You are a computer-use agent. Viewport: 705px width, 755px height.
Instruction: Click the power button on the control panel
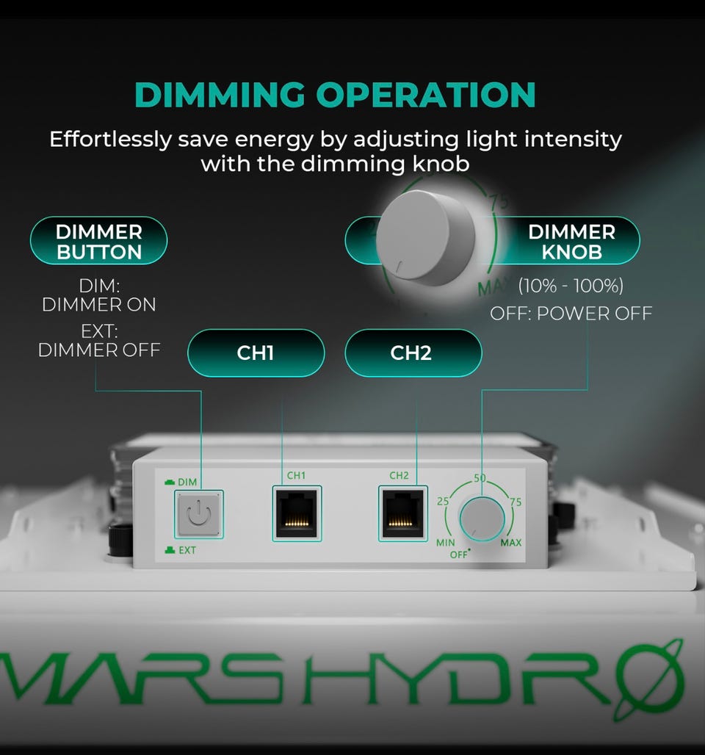tap(198, 514)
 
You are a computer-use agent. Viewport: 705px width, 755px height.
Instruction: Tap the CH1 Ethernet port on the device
tap(297, 513)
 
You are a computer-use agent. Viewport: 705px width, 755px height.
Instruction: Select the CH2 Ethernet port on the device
tap(402, 513)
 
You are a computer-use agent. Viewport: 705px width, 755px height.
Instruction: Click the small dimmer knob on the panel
tap(482, 519)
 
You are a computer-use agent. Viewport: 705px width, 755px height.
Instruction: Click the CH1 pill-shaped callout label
tap(256, 353)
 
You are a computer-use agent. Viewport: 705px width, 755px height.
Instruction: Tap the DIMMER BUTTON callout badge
tap(98, 241)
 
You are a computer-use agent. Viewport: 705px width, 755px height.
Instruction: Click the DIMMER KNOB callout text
tap(571, 242)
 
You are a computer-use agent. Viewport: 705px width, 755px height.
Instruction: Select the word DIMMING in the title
tap(220, 94)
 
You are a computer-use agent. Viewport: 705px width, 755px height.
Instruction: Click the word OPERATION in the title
tap(426, 94)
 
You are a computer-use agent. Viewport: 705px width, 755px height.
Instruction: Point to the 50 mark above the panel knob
tap(480, 477)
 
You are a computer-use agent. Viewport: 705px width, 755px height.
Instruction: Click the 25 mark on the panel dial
tap(443, 501)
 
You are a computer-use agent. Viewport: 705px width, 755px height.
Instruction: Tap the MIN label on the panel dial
tap(446, 543)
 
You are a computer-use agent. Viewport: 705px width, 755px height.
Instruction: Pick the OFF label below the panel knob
tap(458, 554)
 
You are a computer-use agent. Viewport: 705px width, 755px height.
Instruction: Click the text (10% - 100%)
tap(571, 286)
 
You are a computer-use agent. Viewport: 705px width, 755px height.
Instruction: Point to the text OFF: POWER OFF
tap(571, 314)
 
